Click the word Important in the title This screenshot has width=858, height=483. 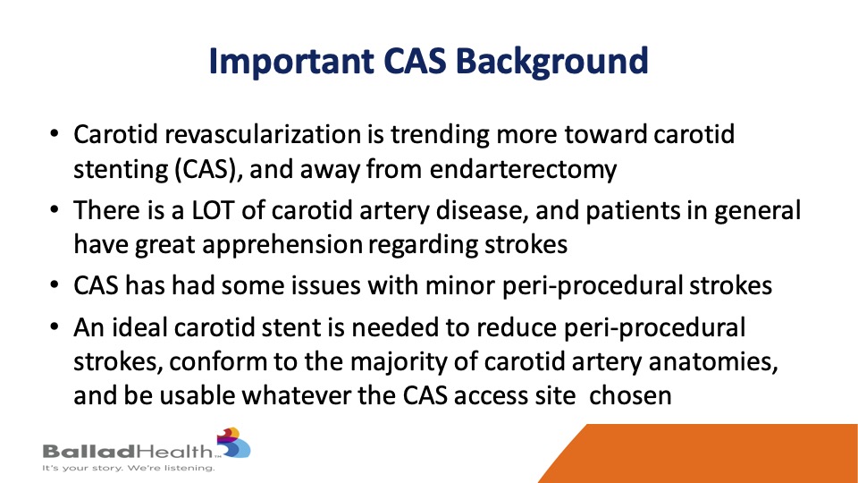291,62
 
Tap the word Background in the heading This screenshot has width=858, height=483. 551,62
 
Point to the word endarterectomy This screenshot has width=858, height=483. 523,170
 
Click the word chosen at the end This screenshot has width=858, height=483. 630,396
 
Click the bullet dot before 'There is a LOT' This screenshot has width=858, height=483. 54,209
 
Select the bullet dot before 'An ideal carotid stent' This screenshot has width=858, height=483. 54,327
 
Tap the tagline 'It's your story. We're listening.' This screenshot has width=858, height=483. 129,468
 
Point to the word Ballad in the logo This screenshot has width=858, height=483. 88,451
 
